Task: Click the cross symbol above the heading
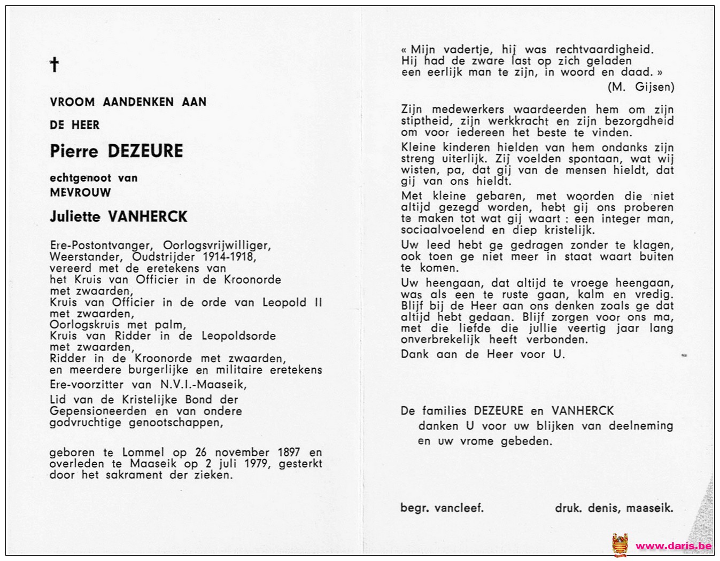point(54,65)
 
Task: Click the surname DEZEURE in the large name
point(145,151)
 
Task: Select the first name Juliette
point(76,216)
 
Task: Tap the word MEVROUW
point(80,192)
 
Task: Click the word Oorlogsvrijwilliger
point(217,245)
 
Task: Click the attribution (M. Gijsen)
point(640,87)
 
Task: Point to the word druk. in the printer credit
point(568,508)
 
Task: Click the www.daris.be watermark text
point(673,546)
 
